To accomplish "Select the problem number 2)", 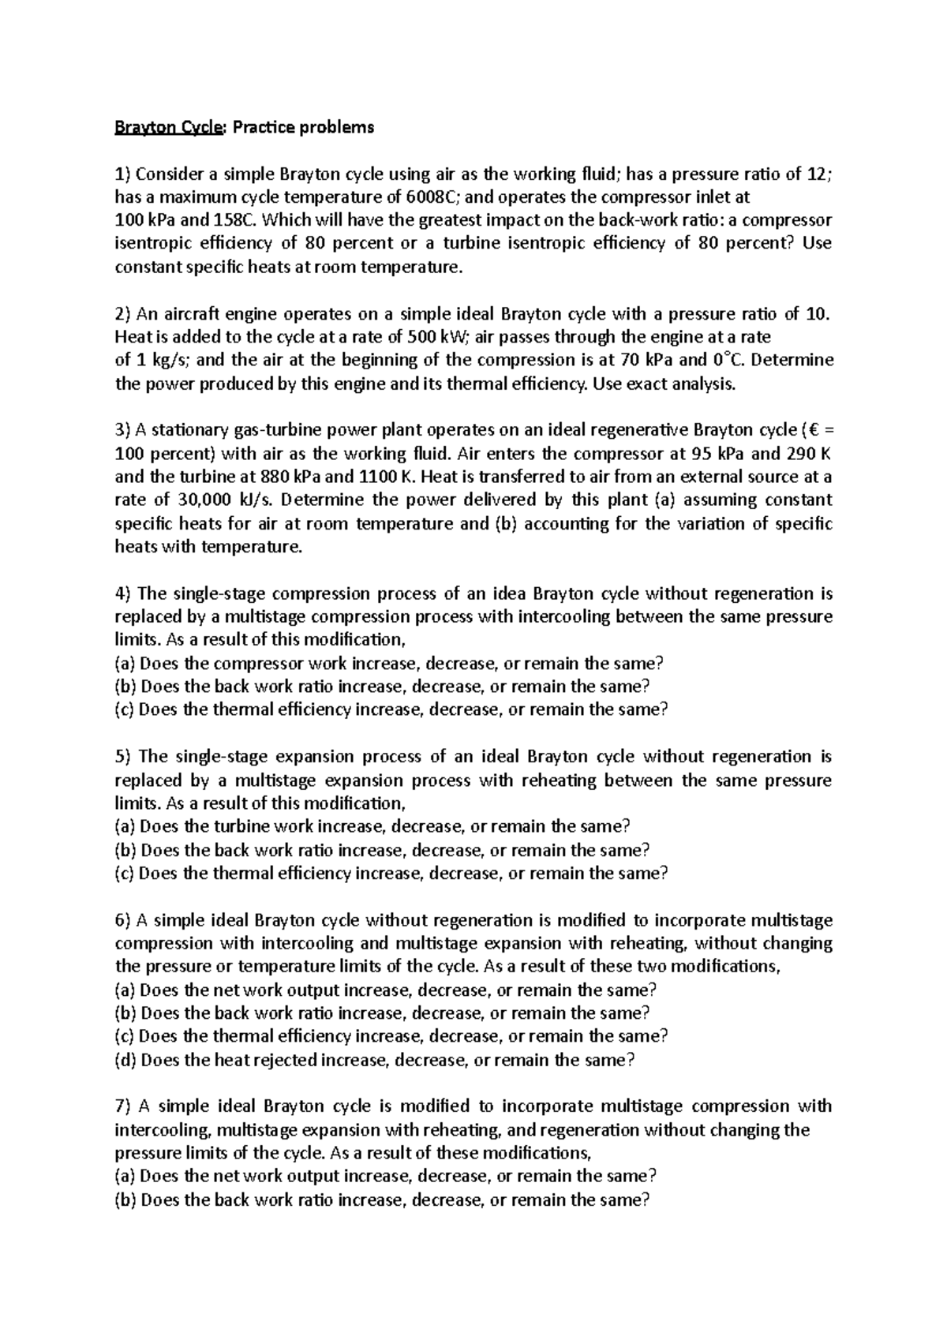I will [x=124, y=314].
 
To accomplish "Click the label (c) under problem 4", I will [x=125, y=709].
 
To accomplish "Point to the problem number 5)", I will [x=124, y=757].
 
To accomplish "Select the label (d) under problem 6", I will [x=125, y=1060].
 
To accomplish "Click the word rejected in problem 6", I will [x=280, y=1060].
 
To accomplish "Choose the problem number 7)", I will [x=124, y=1106].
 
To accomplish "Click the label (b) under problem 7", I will [x=125, y=1200].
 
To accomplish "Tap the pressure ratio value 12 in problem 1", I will [x=818, y=174].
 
